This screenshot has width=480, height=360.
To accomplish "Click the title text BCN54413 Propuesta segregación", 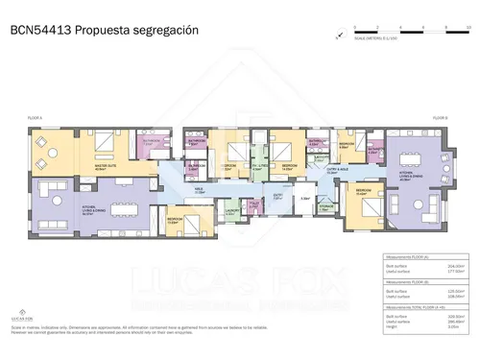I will point(104,30).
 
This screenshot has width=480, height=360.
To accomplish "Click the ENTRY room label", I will point(278,194).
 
